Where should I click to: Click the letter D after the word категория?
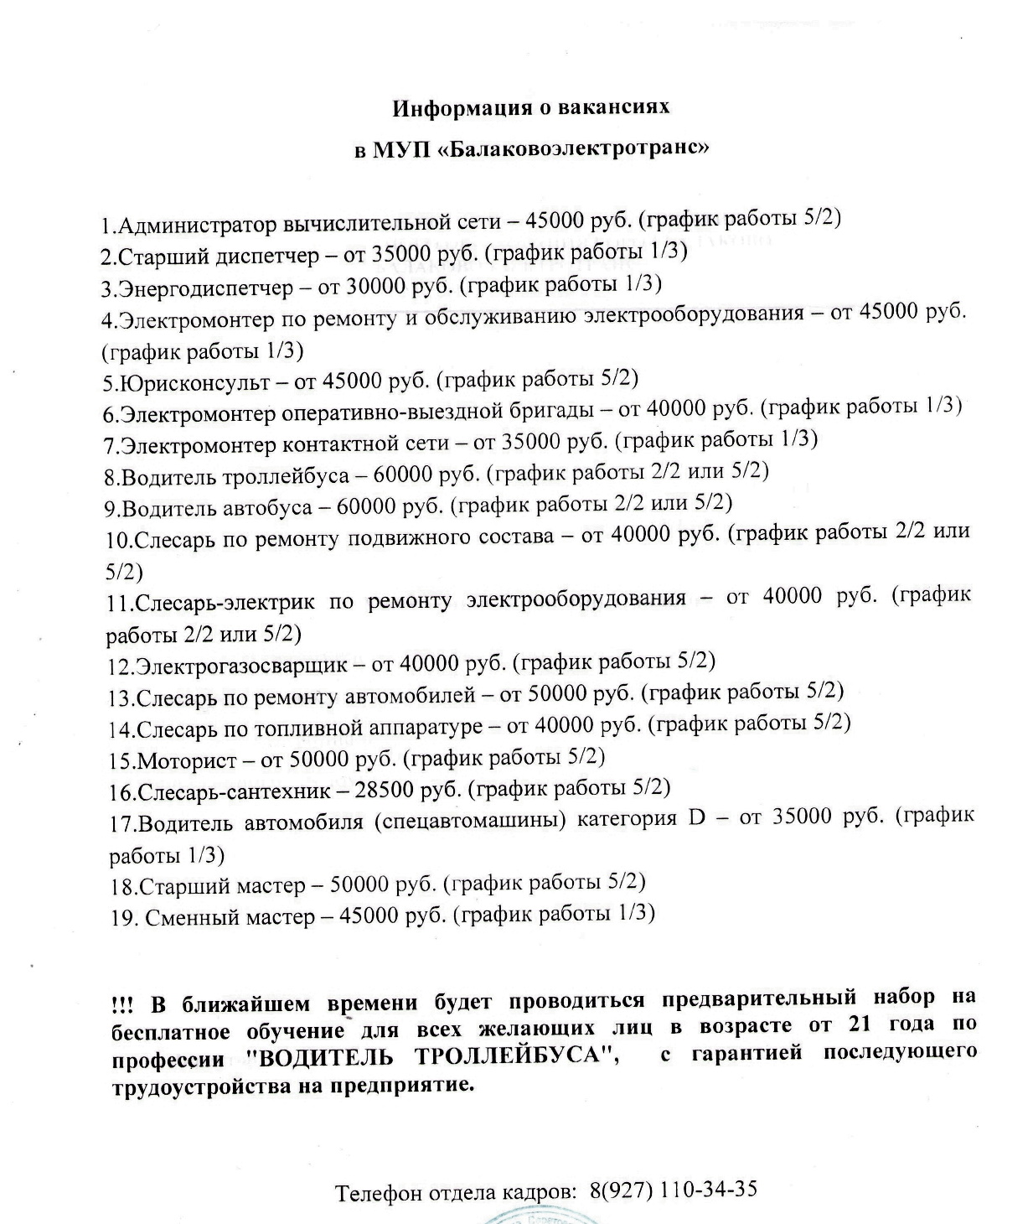click(697, 817)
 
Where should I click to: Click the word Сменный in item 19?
click(190, 917)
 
